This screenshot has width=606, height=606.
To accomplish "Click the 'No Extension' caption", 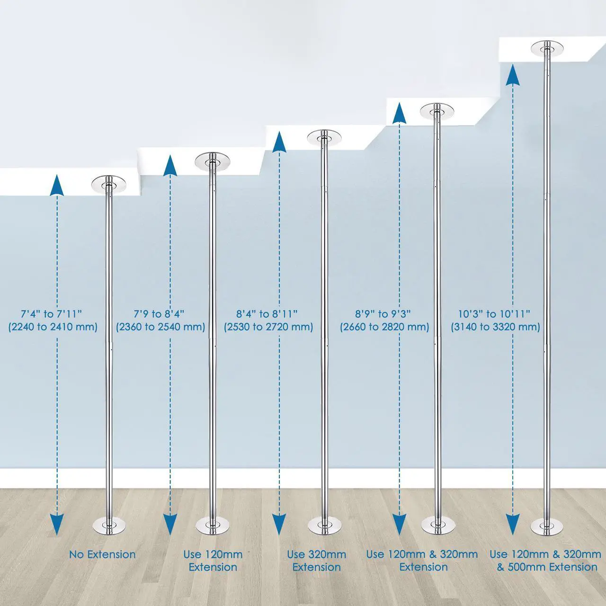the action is tap(102, 554).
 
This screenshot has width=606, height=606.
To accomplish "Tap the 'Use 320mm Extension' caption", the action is tap(316, 561).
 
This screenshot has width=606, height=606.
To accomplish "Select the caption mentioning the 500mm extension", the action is tap(545, 561).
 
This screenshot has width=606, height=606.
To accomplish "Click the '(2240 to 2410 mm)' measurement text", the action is tap(53, 327).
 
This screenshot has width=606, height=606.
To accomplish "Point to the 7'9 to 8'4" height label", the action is tap(159, 314).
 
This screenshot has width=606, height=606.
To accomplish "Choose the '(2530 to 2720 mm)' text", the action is tap(268, 327).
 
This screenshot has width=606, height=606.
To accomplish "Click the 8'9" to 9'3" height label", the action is tap(383, 314).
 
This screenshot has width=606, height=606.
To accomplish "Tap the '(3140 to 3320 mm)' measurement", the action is tap(496, 327).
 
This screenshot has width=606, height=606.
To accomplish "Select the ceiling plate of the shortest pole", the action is tap(108, 184).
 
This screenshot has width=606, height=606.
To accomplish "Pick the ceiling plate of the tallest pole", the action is tap(547, 48).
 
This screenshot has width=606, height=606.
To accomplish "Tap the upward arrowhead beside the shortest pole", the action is tap(57, 186).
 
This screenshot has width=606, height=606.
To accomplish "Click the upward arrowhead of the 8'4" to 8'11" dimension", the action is tap(279, 142).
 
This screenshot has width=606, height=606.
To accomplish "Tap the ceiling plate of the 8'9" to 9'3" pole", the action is tap(437, 111).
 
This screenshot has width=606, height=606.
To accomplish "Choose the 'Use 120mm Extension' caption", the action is tap(213, 561).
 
